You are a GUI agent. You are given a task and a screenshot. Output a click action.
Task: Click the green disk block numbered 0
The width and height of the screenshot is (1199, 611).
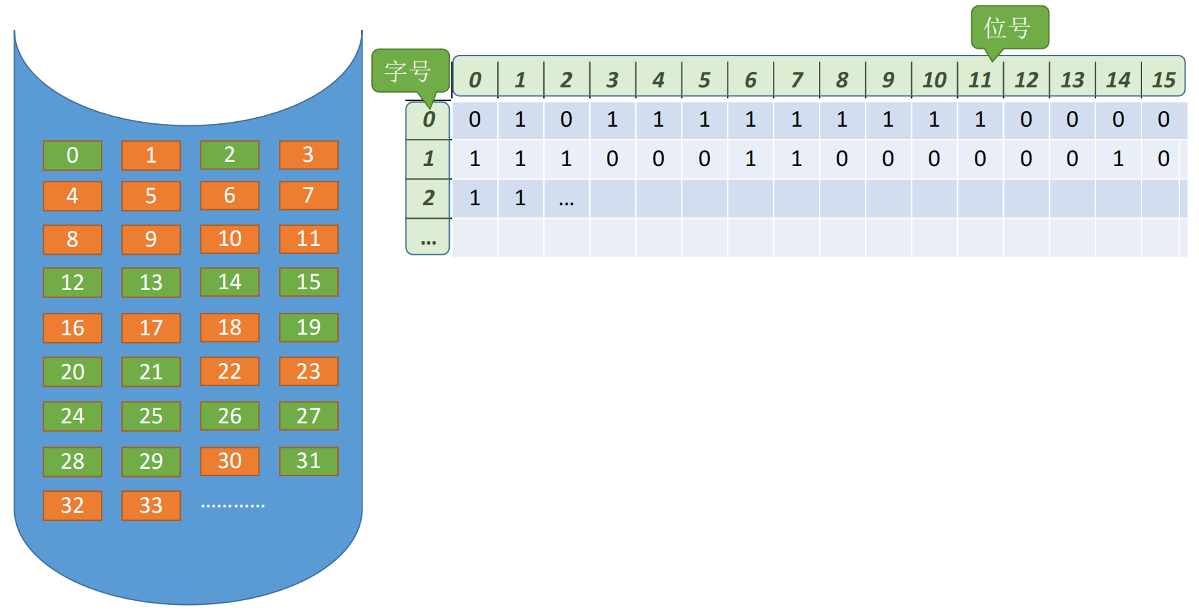tap(72, 155)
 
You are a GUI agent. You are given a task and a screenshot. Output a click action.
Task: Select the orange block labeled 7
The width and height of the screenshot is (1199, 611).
tap(308, 195)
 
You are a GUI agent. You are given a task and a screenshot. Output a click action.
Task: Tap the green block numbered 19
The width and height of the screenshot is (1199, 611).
tap(308, 327)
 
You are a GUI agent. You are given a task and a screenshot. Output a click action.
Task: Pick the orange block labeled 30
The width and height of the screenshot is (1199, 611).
tap(230, 461)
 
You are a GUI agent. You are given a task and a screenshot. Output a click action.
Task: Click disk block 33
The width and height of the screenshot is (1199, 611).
tap(151, 505)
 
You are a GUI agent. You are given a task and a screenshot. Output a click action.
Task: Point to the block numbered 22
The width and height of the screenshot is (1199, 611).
tap(230, 371)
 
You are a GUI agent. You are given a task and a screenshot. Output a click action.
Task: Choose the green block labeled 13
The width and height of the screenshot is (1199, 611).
tap(151, 282)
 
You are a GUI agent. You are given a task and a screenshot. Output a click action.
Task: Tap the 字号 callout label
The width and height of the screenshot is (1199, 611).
tap(411, 70)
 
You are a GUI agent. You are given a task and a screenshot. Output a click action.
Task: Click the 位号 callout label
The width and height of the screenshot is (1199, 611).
tap(1009, 28)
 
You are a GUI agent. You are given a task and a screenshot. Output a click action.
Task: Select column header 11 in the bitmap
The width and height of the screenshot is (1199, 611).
tap(980, 80)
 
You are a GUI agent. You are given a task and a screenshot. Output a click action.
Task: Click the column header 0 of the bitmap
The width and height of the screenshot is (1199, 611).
tap(475, 80)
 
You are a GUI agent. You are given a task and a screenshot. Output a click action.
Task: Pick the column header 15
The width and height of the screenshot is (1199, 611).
tap(1164, 80)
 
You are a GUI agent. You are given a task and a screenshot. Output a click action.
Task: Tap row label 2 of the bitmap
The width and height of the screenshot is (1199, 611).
tap(428, 198)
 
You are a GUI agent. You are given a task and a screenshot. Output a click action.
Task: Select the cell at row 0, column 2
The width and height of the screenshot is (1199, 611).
tap(566, 120)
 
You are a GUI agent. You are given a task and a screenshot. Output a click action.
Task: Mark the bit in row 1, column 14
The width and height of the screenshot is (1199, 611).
tap(1118, 159)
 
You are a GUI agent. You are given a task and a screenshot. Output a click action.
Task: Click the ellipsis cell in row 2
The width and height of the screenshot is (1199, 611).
tap(566, 198)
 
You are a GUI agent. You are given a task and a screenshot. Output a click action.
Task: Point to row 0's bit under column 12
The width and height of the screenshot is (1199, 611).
tap(1026, 120)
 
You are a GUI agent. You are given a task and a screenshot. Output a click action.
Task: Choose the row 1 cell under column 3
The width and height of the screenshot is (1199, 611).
tap(612, 159)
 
